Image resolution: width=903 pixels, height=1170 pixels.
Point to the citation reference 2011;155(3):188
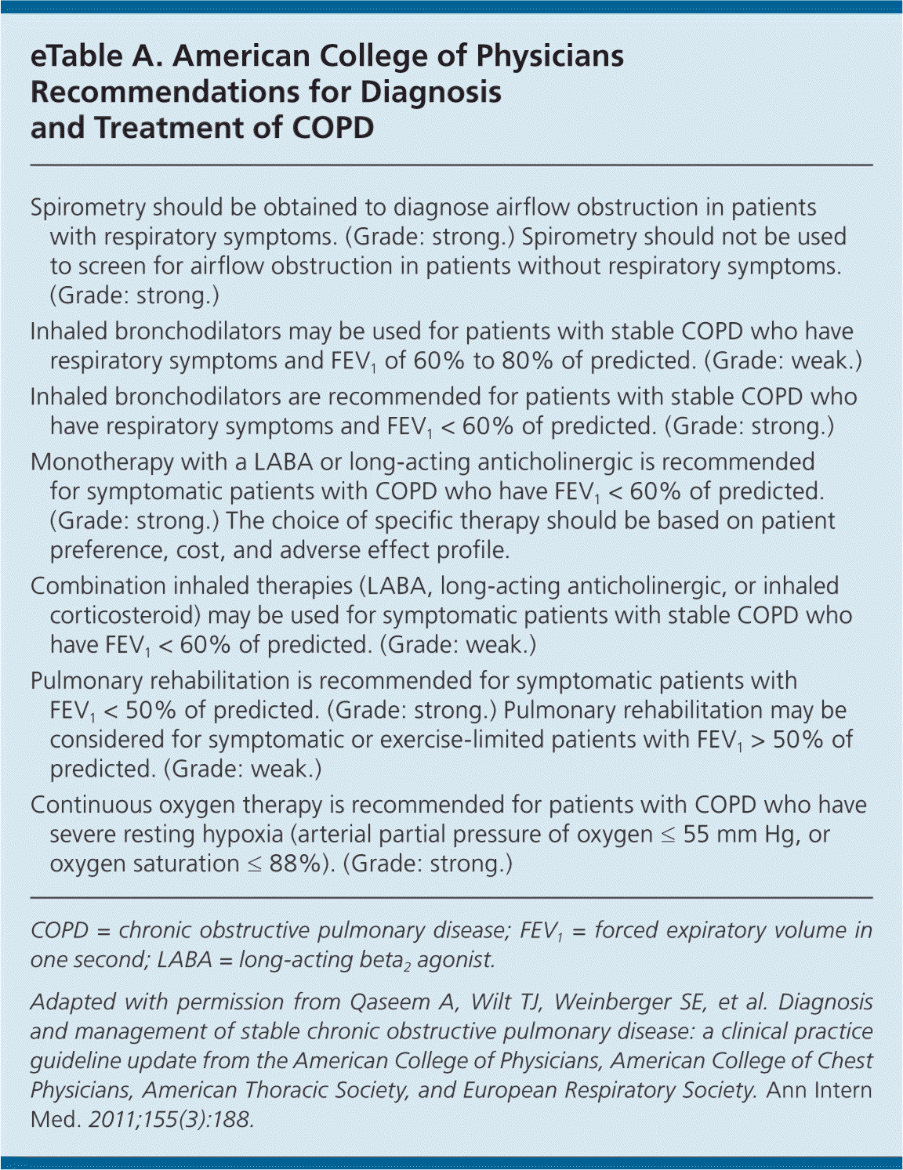tap(171, 1119)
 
